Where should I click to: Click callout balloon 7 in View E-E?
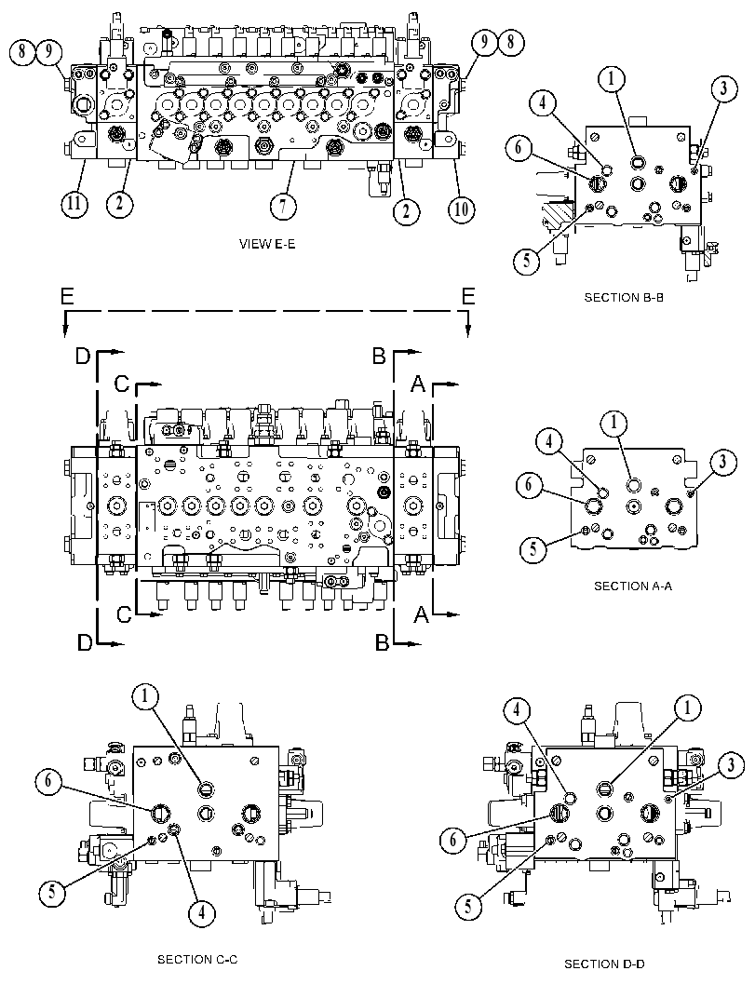[283, 207]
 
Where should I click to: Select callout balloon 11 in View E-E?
[74, 203]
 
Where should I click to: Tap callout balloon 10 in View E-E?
[461, 209]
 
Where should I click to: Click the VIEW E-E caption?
[267, 244]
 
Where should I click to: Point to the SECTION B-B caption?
[624, 298]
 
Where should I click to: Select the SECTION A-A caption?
[633, 586]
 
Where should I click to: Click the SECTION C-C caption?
[197, 960]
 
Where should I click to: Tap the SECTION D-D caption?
[604, 964]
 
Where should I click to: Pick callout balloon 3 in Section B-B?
[723, 88]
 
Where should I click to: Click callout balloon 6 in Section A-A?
[529, 485]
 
